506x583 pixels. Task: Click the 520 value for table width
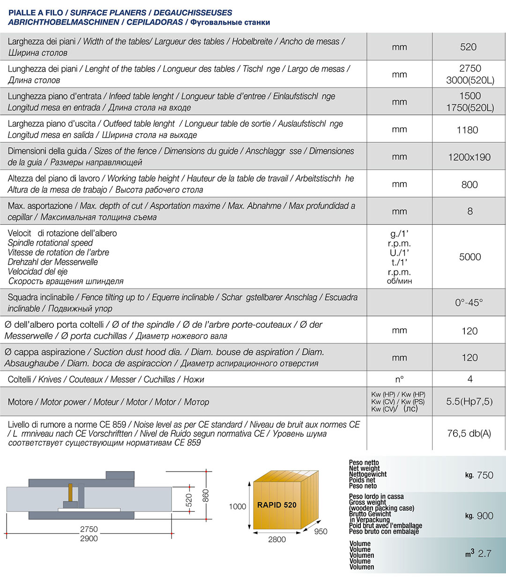pos(468,47)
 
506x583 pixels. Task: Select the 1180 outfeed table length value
pos(467,130)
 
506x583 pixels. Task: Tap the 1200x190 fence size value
pos(469,157)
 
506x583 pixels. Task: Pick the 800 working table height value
pos(469,184)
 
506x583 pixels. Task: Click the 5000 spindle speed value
pos(469,257)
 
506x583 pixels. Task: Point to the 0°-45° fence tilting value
pos(469,303)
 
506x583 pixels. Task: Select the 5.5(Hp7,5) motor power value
pos(469,401)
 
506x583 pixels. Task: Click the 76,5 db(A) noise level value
pos(469,433)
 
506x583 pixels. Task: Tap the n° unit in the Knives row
pos(399,379)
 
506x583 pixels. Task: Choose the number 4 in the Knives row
pos(469,379)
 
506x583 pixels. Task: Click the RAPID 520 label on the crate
pos(276,505)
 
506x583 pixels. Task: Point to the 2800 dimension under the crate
pos(276,539)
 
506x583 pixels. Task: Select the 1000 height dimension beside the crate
pos(238,506)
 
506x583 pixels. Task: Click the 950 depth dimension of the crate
pos(320,531)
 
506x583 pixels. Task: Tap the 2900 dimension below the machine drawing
pos(89,539)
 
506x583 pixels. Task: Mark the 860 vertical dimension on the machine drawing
pos(206,495)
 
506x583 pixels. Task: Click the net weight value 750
pos(484,475)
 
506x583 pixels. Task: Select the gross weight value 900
pos(484,516)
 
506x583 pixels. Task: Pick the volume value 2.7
pos(484,553)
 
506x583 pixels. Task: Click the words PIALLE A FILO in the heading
pos(36,13)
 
